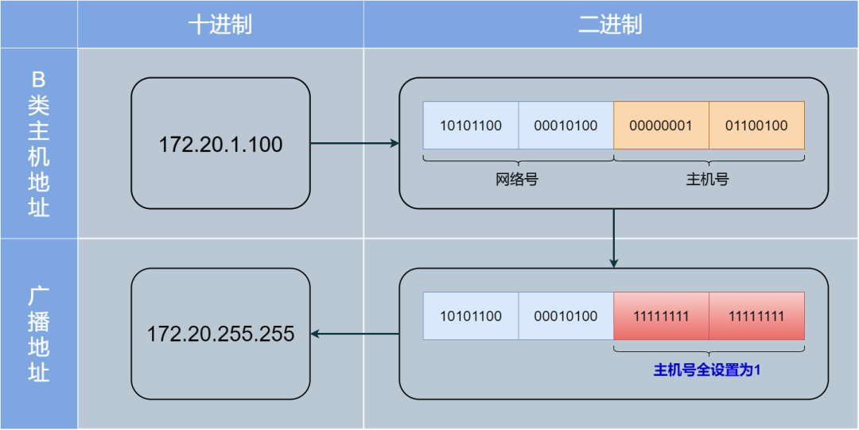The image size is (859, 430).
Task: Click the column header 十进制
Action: click(x=220, y=25)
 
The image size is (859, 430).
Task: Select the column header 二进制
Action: click(x=610, y=25)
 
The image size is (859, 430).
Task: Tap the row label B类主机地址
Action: click(x=39, y=144)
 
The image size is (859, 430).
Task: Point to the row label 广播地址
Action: click(x=39, y=334)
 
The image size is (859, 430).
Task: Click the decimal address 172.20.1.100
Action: click(x=220, y=145)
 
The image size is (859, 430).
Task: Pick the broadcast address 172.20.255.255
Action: click(x=220, y=334)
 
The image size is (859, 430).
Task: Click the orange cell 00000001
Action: click(x=661, y=126)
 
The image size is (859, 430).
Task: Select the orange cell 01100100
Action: click(x=756, y=126)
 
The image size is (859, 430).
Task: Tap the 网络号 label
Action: click(x=517, y=180)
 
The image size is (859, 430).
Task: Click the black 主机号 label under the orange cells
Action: click(x=708, y=180)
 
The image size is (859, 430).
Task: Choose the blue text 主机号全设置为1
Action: click(x=708, y=370)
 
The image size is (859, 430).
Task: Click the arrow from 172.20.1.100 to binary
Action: click(x=354, y=144)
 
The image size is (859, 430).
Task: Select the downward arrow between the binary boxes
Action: click(x=613, y=238)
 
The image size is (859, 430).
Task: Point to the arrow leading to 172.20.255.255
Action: click(x=355, y=334)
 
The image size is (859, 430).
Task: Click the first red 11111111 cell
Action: click(x=661, y=316)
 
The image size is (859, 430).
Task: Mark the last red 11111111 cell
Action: click(x=756, y=316)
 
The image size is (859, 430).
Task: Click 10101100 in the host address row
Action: click(x=471, y=126)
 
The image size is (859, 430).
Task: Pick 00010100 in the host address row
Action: click(x=566, y=126)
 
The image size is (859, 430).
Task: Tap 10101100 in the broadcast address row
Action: click(x=471, y=316)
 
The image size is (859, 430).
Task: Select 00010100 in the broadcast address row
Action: click(x=566, y=316)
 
